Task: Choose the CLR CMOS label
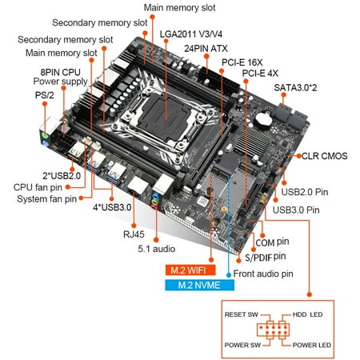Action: (x=324, y=156)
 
